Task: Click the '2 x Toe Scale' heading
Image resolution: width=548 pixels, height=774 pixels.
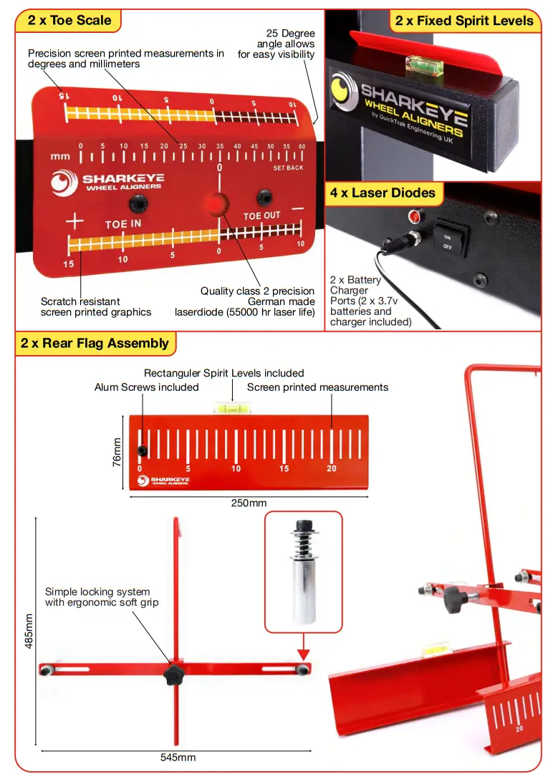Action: click(69, 20)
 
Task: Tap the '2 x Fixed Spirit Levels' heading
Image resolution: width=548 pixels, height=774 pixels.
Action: click(464, 20)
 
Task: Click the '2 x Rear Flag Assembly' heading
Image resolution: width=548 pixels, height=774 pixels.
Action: click(95, 343)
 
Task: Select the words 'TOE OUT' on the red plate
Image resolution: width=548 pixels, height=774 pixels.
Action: click(261, 215)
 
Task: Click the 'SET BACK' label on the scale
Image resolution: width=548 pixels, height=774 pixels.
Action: click(288, 168)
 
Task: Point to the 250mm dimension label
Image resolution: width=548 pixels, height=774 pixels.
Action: click(249, 503)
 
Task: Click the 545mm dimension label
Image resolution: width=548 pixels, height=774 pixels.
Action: click(177, 757)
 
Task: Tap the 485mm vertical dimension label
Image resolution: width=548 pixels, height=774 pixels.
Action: click(29, 630)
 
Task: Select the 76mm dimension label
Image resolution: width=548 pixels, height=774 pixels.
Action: click(117, 453)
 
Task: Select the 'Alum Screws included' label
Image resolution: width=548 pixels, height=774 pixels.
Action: click(146, 387)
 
